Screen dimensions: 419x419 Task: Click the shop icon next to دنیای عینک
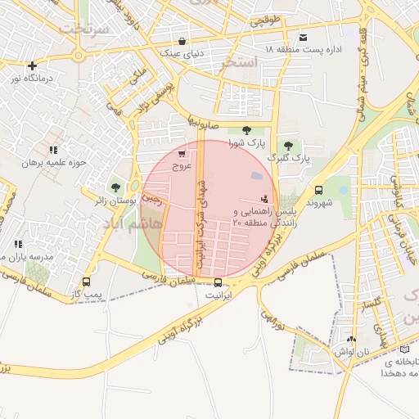pos(181,41)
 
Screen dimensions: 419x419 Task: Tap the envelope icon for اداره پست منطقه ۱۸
pos(304,38)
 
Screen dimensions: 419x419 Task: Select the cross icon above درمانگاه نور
pos(32,65)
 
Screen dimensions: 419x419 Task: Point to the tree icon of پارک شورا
pos(246,130)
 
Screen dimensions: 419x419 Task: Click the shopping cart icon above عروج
pos(181,153)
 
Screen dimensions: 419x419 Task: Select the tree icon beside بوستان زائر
pos(114,187)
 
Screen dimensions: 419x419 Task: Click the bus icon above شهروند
pos(318,189)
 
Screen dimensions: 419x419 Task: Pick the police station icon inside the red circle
pos(264,198)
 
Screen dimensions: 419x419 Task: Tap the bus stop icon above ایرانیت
pos(217,282)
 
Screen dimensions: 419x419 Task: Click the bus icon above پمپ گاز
pos(86,282)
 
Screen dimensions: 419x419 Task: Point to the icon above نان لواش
pos(352,339)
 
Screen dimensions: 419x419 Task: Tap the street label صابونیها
pos(205,119)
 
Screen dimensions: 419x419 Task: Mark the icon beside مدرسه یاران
pos(18,244)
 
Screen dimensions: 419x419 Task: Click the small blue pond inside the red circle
pos(257,176)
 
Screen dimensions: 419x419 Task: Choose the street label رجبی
pos(152,197)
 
